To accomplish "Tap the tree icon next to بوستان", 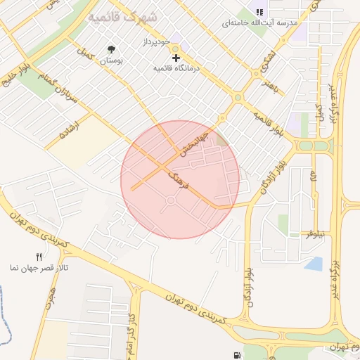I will click(x=111, y=49).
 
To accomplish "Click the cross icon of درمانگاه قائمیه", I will click(x=176, y=57).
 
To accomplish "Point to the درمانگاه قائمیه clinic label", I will click(x=176, y=68).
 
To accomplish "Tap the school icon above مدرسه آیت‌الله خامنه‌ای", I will click(x=259, y=12).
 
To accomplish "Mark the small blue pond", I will click(x=314, y=264).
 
